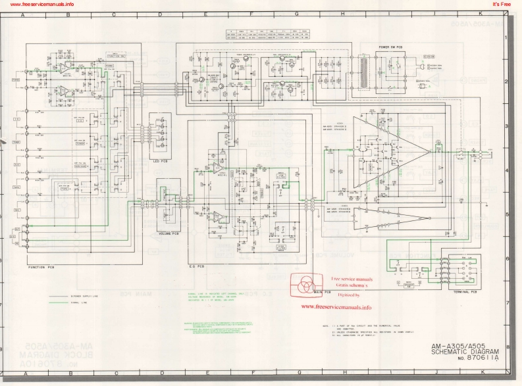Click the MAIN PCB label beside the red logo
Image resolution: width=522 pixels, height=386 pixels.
tap(321, 291)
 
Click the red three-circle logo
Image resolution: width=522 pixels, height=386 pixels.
tap(305, 284)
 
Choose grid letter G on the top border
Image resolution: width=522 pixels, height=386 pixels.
tap(297, 13)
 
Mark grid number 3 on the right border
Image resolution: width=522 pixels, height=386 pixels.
tap(505, 126)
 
